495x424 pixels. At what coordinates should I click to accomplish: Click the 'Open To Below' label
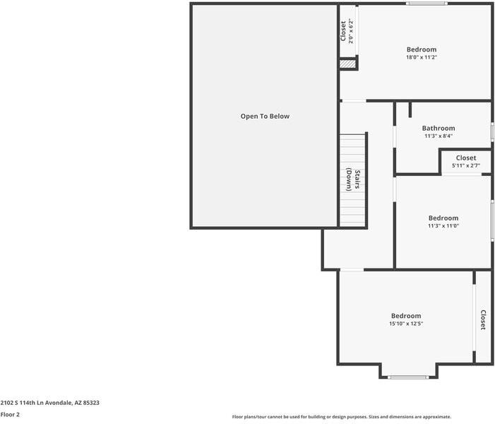pos(265,117)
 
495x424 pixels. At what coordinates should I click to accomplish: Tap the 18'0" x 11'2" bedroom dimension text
pos(422,57)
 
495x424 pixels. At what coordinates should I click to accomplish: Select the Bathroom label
pos(439,128)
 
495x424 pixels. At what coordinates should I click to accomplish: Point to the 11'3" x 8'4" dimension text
pos(439,136)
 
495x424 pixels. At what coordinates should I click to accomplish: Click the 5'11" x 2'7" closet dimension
pos(466,165)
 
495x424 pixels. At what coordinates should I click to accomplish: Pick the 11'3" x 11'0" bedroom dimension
pos(443,225)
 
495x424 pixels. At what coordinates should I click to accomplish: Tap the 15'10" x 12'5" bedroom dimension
pos(406,324)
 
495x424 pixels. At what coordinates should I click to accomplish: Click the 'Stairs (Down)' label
pos(353,179)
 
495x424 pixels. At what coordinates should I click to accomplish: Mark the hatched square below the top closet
pos(347,64)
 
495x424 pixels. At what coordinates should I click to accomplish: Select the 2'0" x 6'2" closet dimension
pos(351,31)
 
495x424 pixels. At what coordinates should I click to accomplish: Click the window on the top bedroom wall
pos(427,4)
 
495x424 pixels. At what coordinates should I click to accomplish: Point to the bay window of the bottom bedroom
pos(408,377)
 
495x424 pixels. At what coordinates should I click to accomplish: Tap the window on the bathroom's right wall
pos(492,131)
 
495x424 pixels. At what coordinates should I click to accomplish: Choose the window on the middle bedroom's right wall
pos(492,220)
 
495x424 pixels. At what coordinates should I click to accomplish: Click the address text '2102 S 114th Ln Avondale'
pos(37,403)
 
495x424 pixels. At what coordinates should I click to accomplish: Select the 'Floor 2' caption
pos(10,414)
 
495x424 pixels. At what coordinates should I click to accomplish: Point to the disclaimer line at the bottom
pos(342,417)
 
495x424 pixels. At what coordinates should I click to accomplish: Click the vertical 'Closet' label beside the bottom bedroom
pos(483,319)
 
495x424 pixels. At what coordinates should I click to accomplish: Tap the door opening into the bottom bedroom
pos(352,270)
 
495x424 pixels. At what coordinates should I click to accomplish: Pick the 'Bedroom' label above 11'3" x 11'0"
pos(443,218)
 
